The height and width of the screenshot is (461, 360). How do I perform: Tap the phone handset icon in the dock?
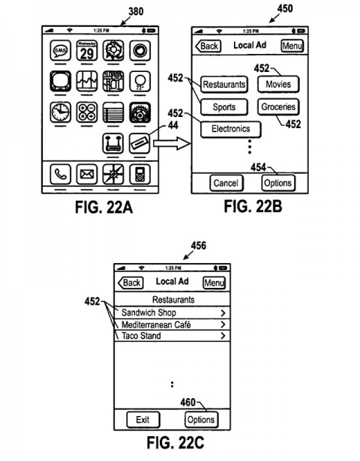[x=61, y=175]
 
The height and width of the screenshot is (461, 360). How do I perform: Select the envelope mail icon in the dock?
[x=87, y=175]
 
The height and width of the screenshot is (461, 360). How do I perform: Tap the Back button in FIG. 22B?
[x=207, y=46]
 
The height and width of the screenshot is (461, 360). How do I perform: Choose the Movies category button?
[x=278, y=84]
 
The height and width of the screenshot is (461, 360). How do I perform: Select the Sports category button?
[x=223, y=107]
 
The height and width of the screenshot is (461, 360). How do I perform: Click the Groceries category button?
[x=278, y=107]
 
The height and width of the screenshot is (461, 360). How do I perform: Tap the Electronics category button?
[x=230, y=129]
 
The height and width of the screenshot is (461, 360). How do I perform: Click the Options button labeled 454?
[x=277, y=183]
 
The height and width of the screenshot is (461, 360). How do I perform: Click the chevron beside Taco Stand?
[x=223, y=337]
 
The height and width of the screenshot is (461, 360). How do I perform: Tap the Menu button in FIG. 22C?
[x=214, y=283]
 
